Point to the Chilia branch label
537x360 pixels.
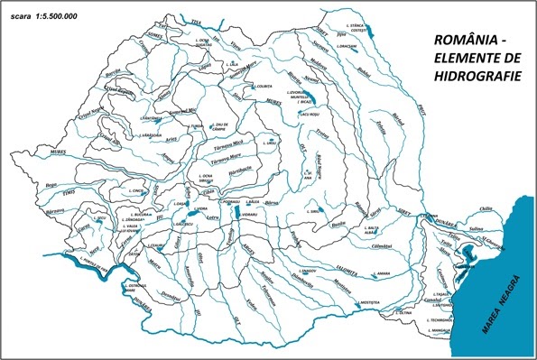tap(488, 209)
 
